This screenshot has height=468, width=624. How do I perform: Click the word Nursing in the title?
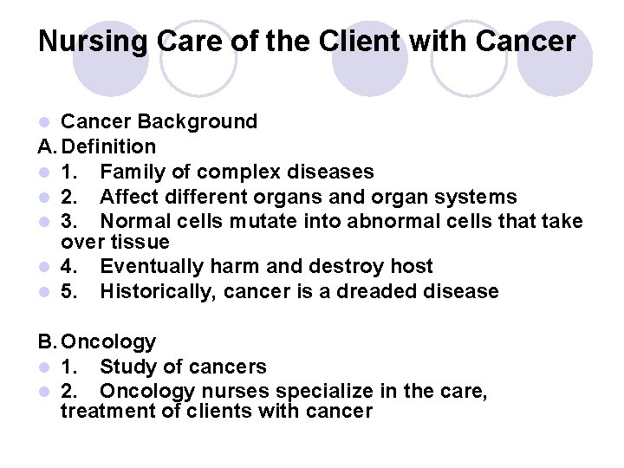[x=93, y=42]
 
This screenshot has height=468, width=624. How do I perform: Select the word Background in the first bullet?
[x=198, y=122]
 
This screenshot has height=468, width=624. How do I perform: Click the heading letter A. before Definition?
[x=47, y=146]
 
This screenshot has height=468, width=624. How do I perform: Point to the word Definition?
[x=108, y=146]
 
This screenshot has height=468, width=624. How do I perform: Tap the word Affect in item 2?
[x=129, y=197]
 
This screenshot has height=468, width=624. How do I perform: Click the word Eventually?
[x=152, y=267]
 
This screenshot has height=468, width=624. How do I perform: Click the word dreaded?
[x=376, y=291]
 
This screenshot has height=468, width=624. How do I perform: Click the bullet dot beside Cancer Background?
[x=44, y=122]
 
